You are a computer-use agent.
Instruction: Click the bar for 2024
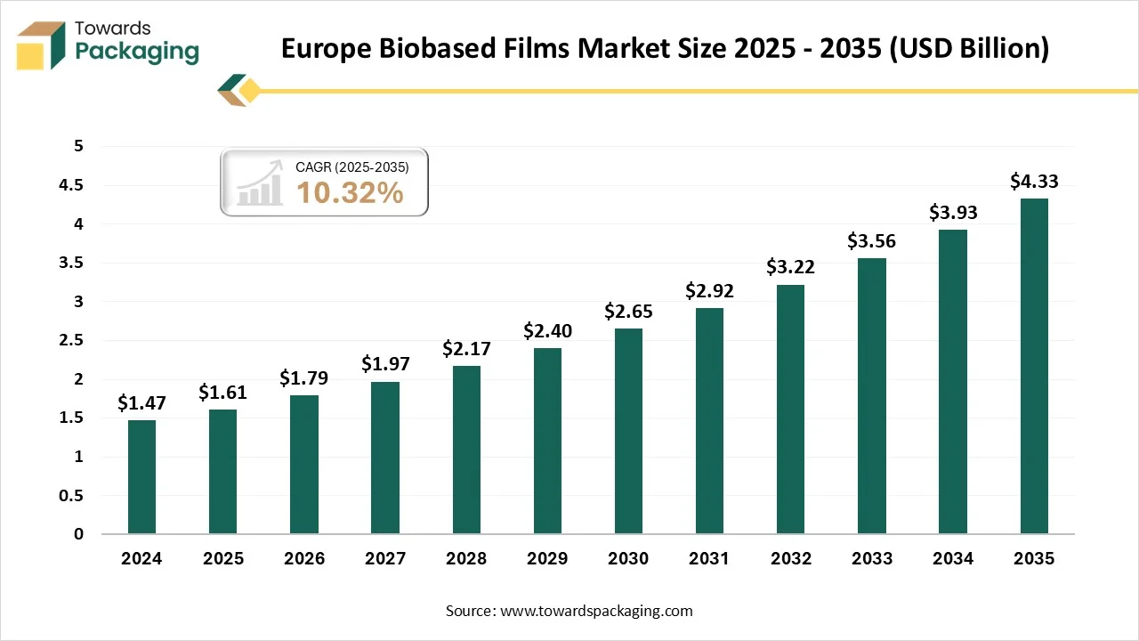[x=141, y=477]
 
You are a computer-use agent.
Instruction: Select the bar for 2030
[x=628, y=432]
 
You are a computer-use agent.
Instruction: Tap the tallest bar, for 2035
[x=1034, y=366]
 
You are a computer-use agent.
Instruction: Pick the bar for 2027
[x=385, y=458]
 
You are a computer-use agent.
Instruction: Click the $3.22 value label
[x=790, y=266]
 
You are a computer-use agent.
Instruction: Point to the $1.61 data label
[x=222, y=392]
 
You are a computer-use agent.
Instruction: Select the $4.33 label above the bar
[x=1034, y=181]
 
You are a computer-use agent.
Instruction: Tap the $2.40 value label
[x=547, y=330]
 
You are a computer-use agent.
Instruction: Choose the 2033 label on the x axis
[x=871, y=559]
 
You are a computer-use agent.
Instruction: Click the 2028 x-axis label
[x=466, y=559]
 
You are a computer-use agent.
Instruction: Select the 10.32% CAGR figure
[x=350, y=192]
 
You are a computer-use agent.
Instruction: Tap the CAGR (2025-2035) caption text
[x=351, y=166]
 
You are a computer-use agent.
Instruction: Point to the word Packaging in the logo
[x=137, y=52]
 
